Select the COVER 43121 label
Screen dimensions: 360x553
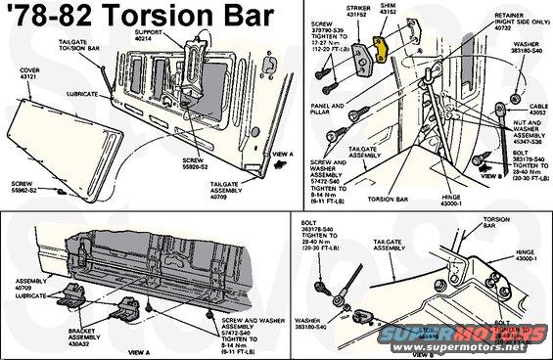23,75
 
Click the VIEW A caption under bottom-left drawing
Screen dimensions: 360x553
141,351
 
